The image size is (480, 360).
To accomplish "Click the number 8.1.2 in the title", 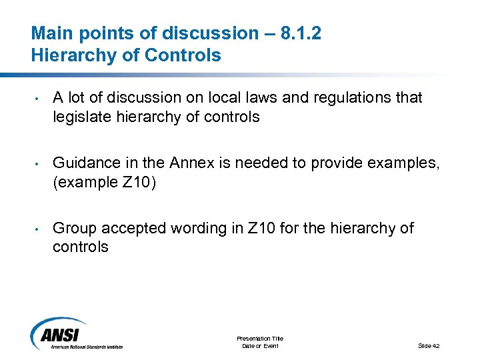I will click(x=300, y=33).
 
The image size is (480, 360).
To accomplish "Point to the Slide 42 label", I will click(x=429, y=345).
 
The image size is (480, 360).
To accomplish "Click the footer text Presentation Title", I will click(x=260, y=338).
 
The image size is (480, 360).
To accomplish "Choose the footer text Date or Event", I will click(x=260, y=345).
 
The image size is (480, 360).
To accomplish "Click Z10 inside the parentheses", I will click(x=138, y=182).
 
